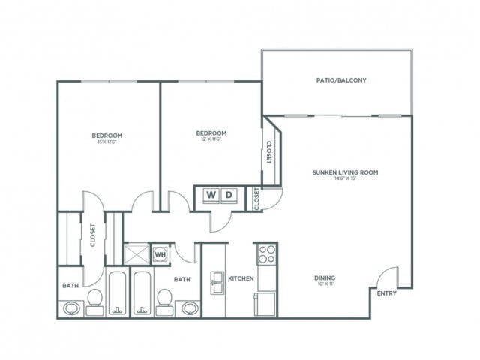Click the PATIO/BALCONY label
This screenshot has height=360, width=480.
click(x=336, y=79)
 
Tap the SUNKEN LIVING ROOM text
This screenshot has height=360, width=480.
click(x=345, y=172)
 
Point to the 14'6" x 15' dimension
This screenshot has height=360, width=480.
click(x=345, y=178)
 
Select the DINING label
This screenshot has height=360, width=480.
click(x=324, y=277)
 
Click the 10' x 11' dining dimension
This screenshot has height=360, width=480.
click(x=324, y=284)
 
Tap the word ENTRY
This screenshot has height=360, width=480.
click(x=385, y=293)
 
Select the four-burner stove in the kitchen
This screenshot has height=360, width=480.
click(x=265, y=255)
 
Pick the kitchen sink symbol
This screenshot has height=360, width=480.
click(x=216, y=283)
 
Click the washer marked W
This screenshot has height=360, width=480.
click(x=211, y=196)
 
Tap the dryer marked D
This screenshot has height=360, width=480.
click(x=230, y=196)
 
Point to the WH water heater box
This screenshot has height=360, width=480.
click(x=160, y=253)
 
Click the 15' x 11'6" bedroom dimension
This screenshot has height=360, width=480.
click(x=107, y=142)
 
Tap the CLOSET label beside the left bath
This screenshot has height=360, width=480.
click(x=92, y=235)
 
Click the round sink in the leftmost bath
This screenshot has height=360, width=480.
click(x=71, y=307)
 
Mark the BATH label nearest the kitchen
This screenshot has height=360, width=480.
click(x=182, y=279)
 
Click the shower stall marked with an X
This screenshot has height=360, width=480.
click(x=136, y=253)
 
